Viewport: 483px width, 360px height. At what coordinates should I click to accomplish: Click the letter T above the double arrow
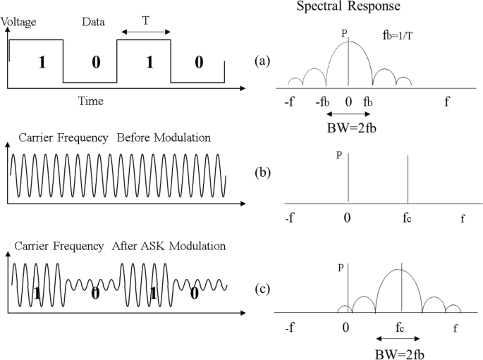click(145, 21)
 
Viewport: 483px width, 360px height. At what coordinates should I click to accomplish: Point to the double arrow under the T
click(145, 32)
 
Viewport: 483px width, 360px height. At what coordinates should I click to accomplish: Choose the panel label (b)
click(262, 170)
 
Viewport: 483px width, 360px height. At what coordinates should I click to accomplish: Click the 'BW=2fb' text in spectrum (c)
click(400, 354)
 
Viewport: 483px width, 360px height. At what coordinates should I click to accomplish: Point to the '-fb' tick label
click(323, 102)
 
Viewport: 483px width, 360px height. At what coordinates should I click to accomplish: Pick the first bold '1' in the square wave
click(42, 62)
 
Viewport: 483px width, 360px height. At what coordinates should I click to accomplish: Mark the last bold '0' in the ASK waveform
click(193, 294)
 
